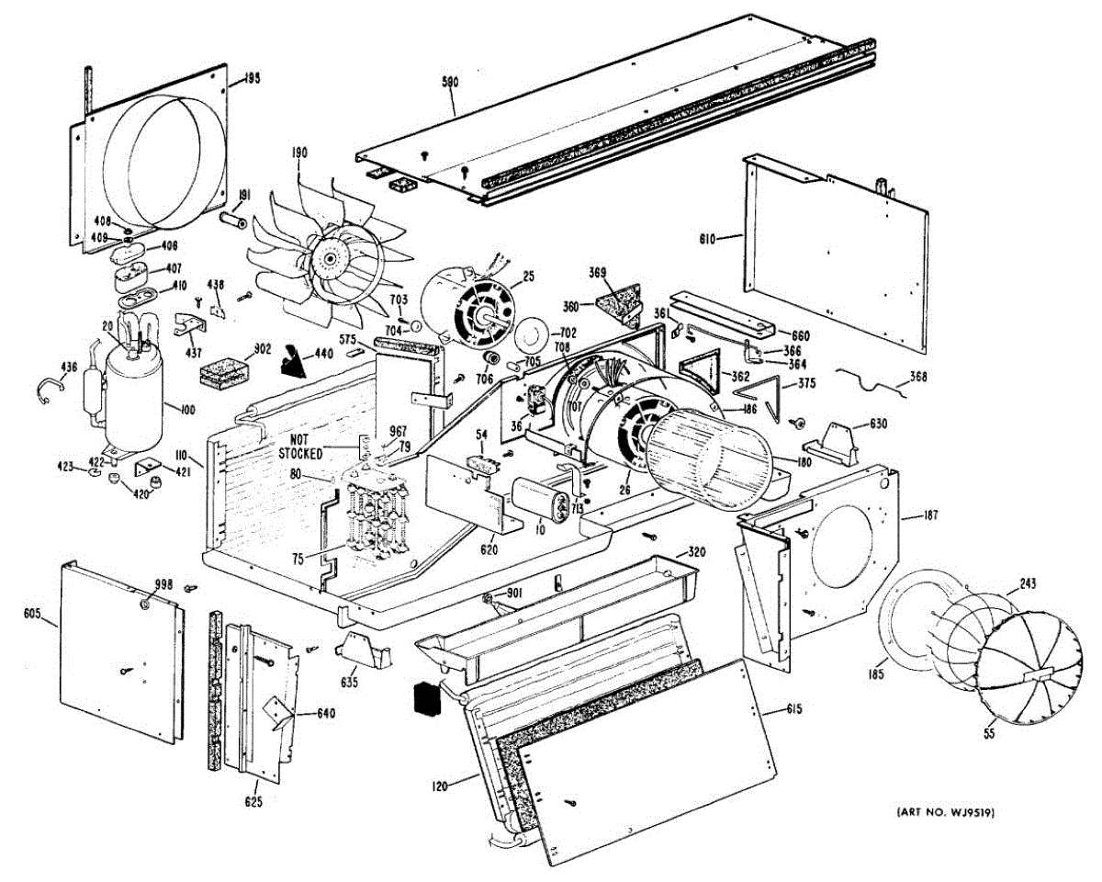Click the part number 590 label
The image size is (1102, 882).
pyautogui.click(x=450, y=83)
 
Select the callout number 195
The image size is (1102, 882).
pyautogui.click(x=252, y=79)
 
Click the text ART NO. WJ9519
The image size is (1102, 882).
pyautogui.click(x=947, y=813)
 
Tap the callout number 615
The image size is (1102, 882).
pyautogui.click(x=794, y=708)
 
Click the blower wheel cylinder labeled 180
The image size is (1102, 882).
pyautogui.click(x=702, y=456)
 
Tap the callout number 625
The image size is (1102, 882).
pyautogui.click(x=253, y=802)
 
